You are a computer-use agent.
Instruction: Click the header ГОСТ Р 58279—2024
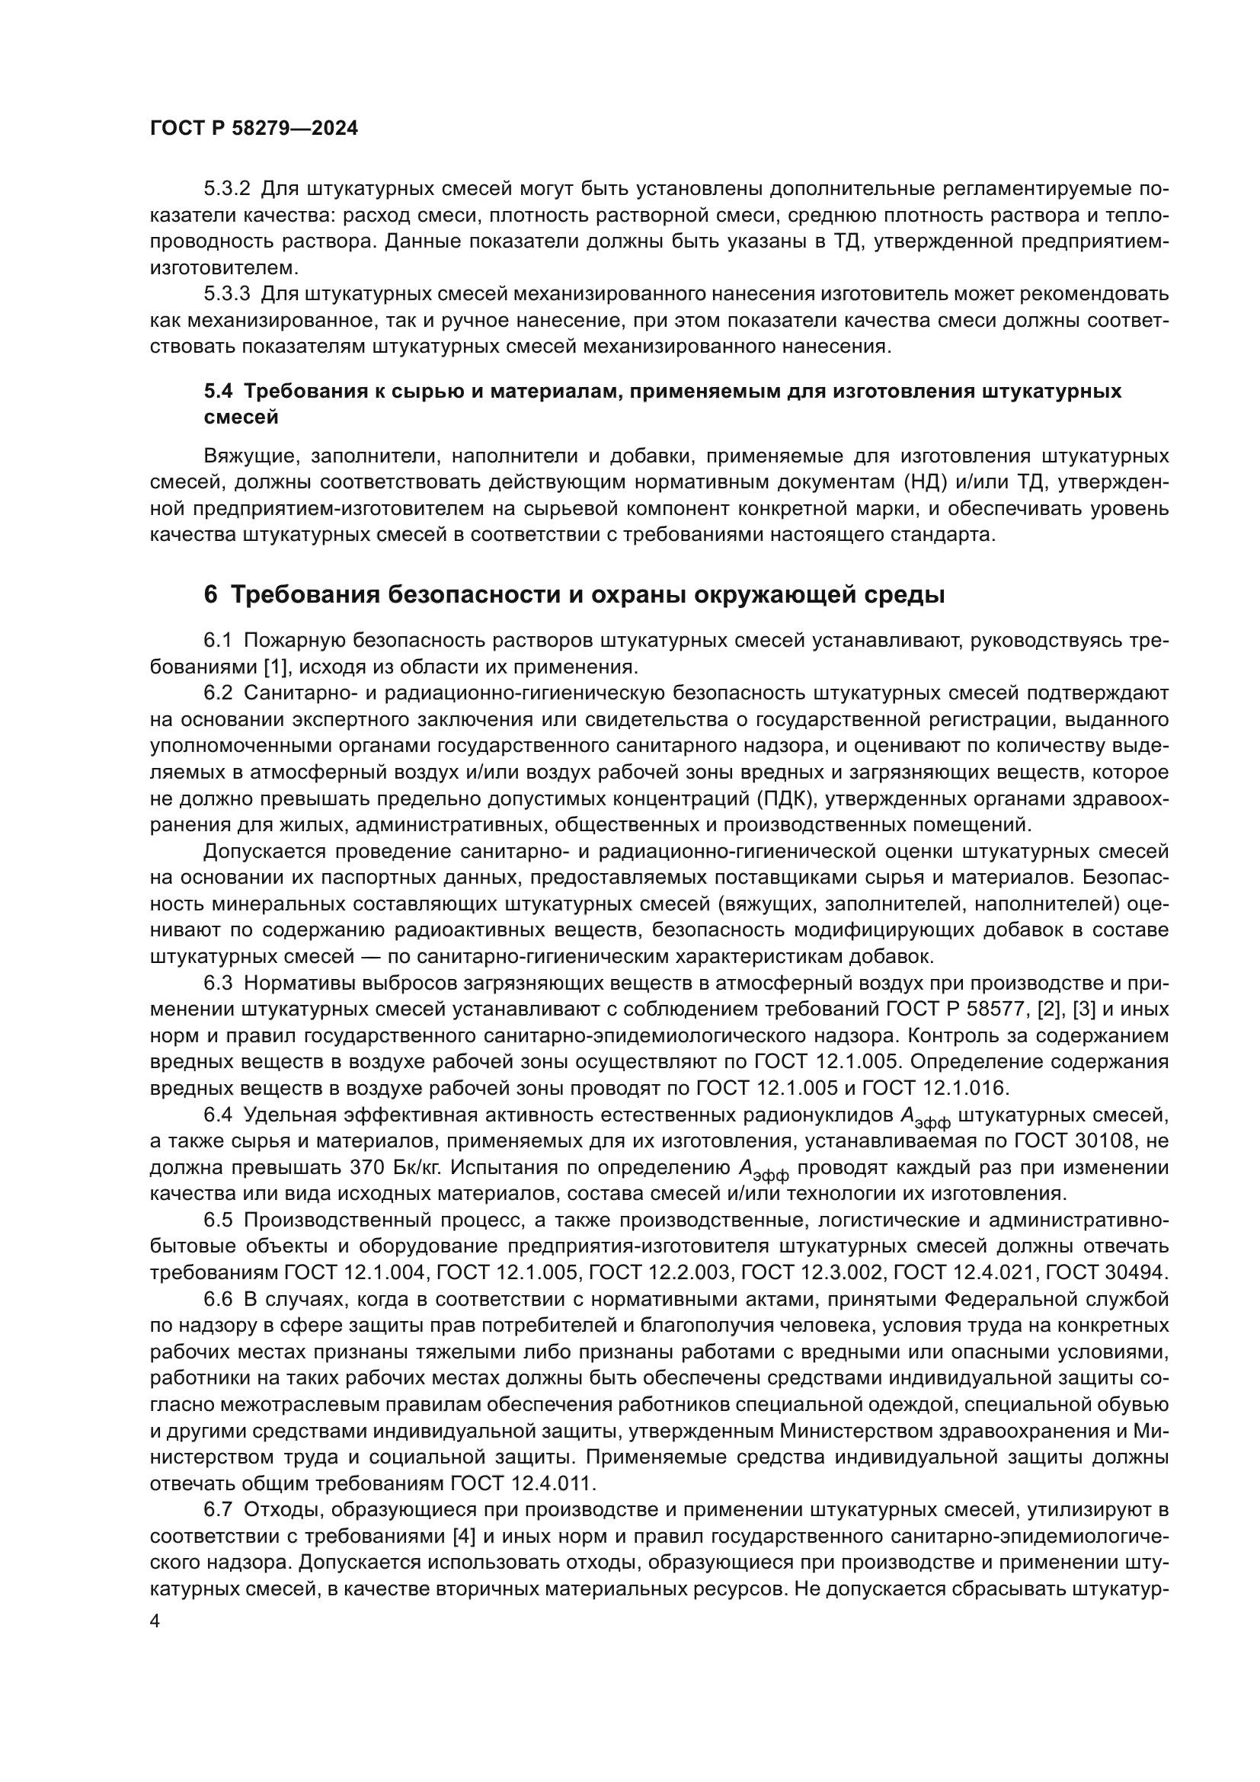point(254,128)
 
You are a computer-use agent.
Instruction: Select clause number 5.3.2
point(226,189)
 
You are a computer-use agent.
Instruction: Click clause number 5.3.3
point(226,294)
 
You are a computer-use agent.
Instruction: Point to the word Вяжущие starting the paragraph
point(246,456)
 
